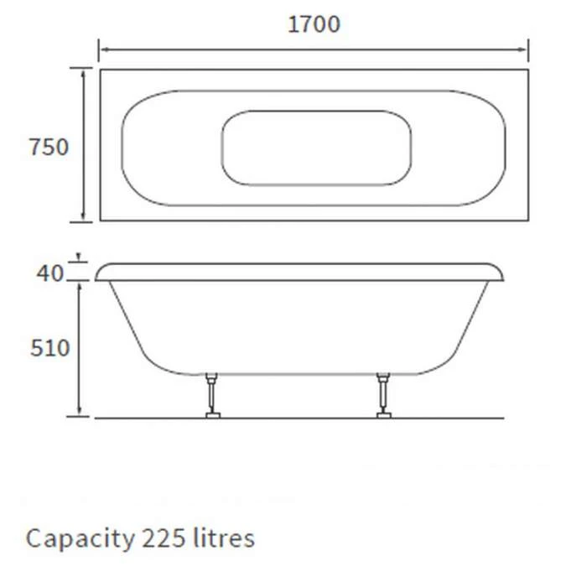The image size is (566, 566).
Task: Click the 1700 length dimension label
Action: click(314, 25)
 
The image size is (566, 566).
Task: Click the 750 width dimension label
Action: click(49, 148)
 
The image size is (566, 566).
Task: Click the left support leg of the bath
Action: click(213, 392)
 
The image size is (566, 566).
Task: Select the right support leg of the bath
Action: click(385, 392)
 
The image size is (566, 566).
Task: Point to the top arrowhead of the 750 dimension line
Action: click(84, 74)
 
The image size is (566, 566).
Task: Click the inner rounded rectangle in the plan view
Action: click(316, 148)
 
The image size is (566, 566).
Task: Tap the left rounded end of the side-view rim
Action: click(101, 272)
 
